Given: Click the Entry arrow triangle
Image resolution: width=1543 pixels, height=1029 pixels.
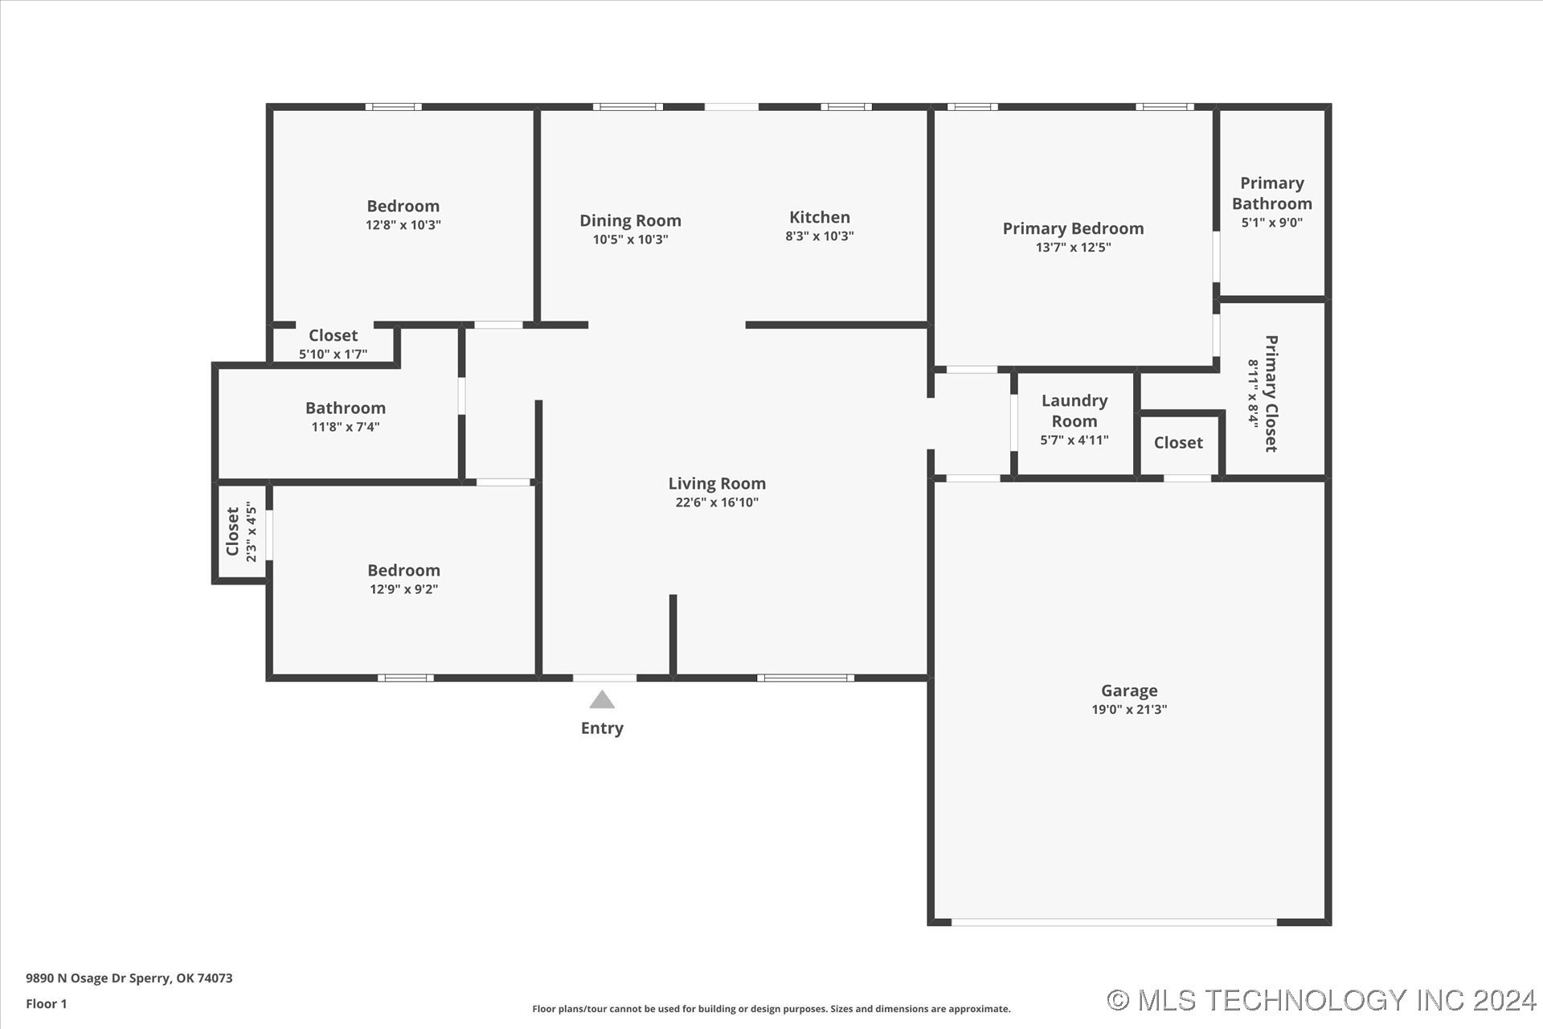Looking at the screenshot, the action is coord(602,699).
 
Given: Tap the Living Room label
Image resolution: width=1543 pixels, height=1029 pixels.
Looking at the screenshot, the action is coord(717,483).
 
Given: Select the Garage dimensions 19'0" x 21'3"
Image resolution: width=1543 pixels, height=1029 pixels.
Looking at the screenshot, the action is coord(1129,709).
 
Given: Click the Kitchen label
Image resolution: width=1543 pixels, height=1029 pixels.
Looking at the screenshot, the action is coord(820,217).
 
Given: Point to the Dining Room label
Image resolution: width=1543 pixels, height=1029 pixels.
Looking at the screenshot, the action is coord(630,220).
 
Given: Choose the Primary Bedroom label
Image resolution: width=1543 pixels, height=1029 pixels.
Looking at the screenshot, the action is coord(1073,228).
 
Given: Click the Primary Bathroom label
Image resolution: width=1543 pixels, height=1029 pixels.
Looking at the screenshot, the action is coord(1271,193).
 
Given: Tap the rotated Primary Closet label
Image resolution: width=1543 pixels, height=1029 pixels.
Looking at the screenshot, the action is coord(1271,393).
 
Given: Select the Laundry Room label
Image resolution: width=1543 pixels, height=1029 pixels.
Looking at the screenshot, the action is coord(1074,411).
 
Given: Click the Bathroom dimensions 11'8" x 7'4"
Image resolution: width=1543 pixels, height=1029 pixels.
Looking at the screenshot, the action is coord(346,427).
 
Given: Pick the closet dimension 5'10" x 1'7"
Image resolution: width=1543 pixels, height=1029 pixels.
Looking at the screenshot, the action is coord(333,354).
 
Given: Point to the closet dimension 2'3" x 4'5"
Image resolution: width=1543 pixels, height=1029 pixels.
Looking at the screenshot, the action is coord(251,531).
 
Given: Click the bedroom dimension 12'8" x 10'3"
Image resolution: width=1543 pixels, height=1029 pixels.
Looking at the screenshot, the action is coord(403,225).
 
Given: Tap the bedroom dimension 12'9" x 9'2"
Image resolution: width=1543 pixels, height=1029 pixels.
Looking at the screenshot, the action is coord(403,589).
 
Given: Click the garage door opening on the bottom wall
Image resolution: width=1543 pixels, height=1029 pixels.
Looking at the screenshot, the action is coord(1114,922).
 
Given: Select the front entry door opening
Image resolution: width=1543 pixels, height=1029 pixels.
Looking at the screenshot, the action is coord(604,678).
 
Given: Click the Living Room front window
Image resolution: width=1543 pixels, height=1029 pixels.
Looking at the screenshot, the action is coord(805,678).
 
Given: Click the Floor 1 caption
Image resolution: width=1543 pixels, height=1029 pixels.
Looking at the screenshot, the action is coord(47,1004).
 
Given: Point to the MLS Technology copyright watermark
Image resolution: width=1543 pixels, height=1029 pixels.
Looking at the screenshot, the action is coord(1321,1000).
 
